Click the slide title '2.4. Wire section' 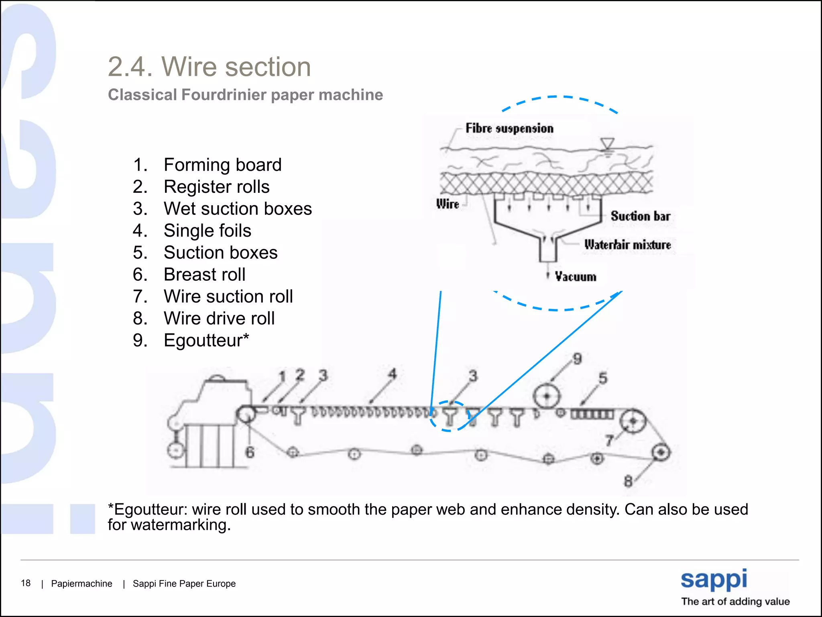point(209,67)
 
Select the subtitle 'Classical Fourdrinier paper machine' point(245,95)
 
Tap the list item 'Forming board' point(222,165)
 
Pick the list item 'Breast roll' point(204,275)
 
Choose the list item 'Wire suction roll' point(228,296)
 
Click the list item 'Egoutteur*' point(206,340)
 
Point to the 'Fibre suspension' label point(509,129)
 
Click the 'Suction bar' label point(640,216)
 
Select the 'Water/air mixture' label point(627,245)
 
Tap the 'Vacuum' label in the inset point(576,277)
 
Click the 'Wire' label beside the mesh point(448,204)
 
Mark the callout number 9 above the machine point(577,359)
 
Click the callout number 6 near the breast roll point(250,452)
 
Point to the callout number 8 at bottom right point(628,481)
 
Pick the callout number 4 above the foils point(392,374)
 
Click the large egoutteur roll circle point(546,396)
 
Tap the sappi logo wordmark point(714,579)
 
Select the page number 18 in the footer point(26,583)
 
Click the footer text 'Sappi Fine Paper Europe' point(184,584)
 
